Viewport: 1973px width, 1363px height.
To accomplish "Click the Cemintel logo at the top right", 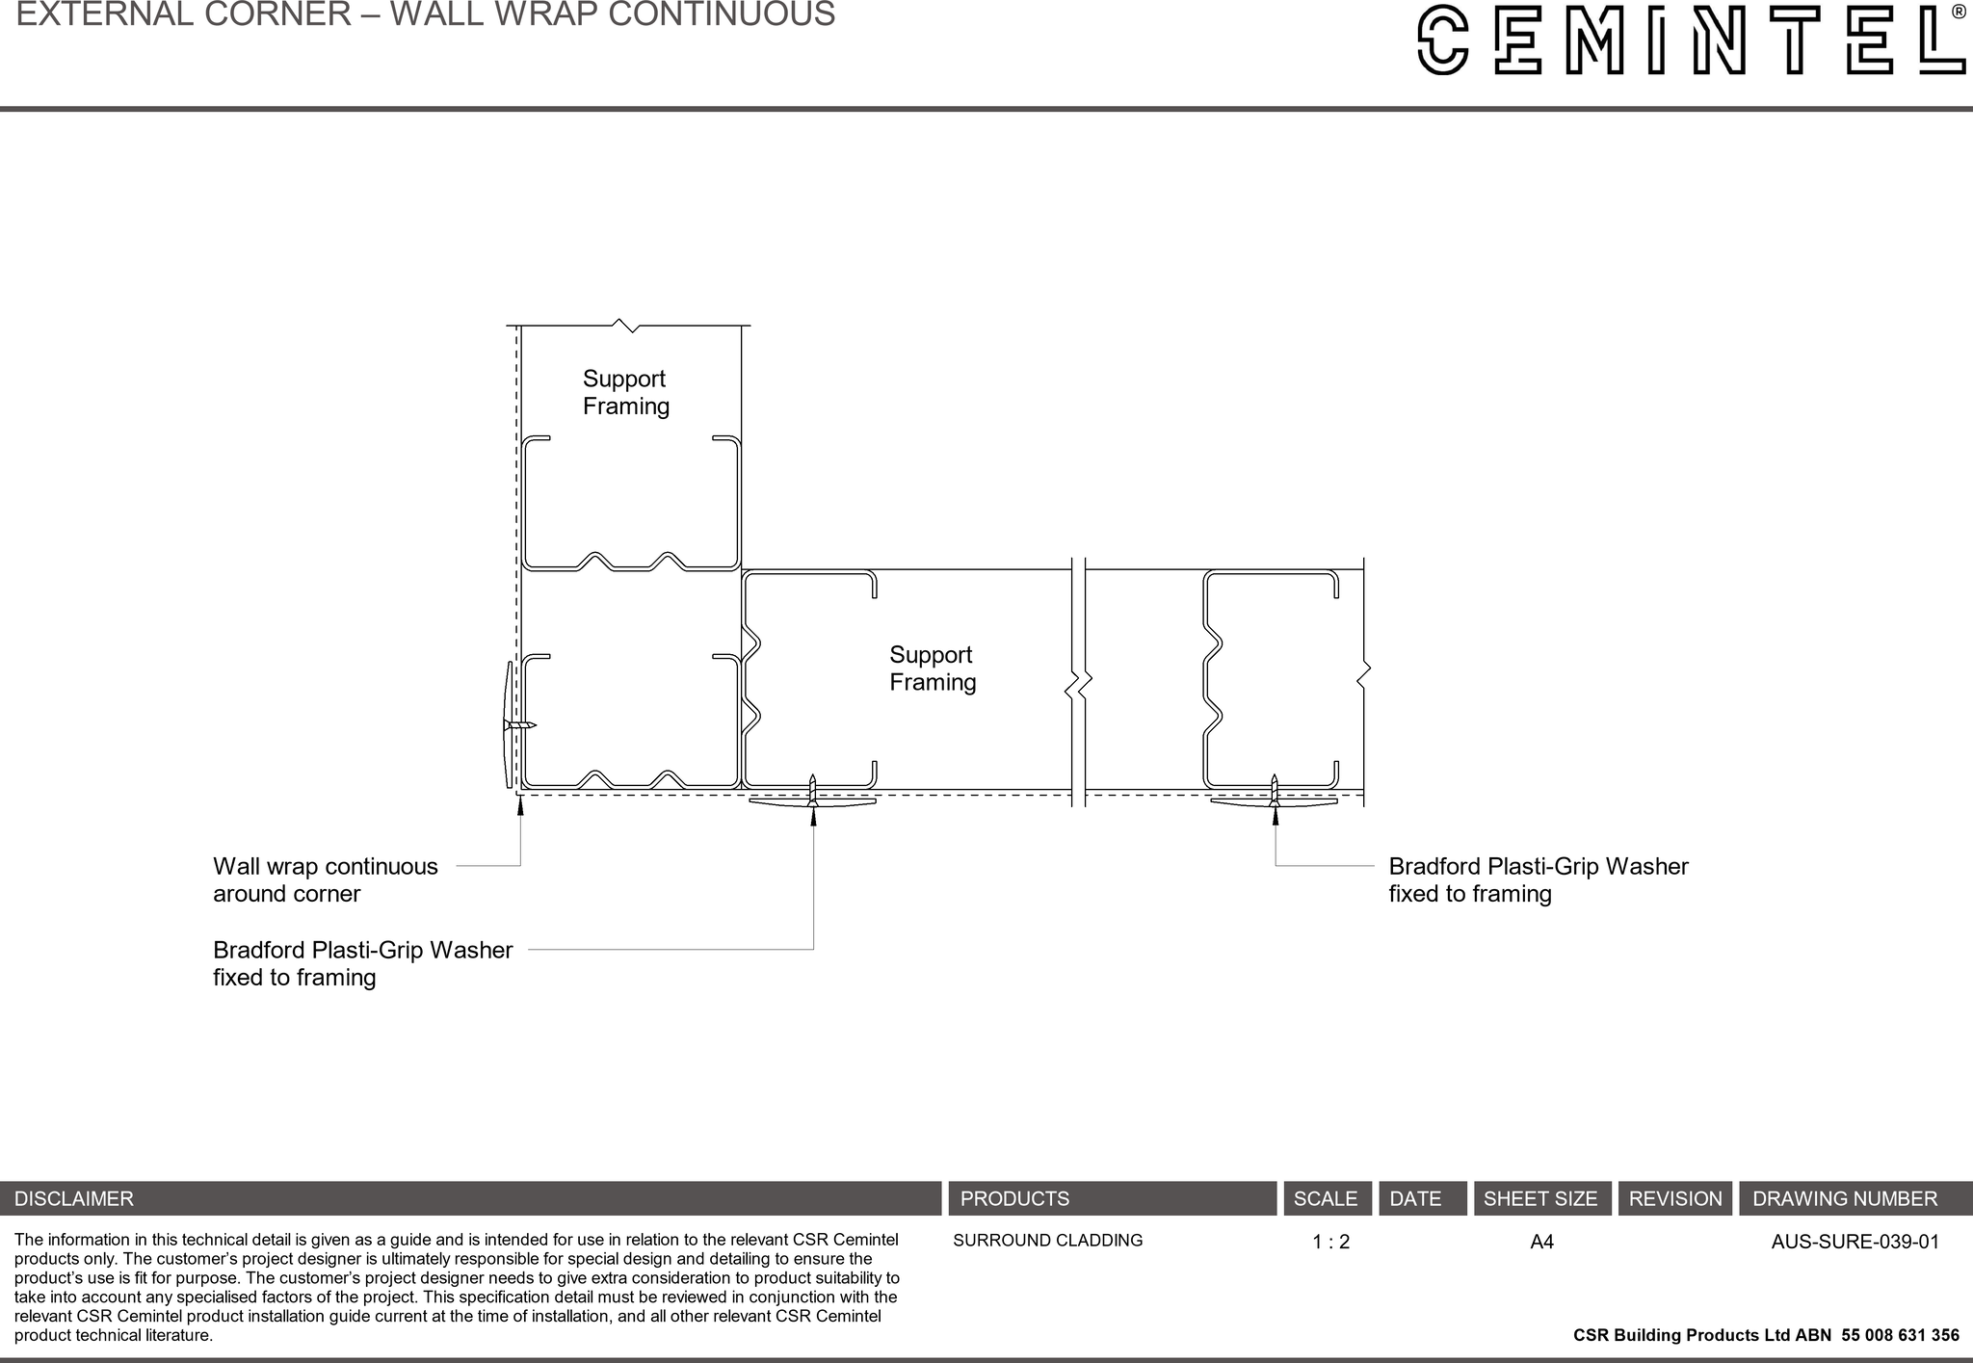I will coord(1691,39).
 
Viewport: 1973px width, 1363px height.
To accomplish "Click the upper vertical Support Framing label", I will coord(625,393).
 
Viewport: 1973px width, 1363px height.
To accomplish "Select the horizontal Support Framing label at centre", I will coord(932,668).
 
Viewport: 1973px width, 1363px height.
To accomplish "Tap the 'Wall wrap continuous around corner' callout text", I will coord(325,879).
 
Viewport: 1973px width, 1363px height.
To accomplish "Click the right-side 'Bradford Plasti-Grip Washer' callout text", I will coord(1538,879).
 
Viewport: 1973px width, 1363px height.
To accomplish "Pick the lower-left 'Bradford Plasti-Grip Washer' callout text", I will coord(362,963).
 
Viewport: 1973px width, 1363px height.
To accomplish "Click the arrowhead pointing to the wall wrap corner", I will coord(520,805).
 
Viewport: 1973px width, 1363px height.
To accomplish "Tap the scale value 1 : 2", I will coord(1330,1242).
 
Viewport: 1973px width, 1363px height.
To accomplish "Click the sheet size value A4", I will coord(1541,1242).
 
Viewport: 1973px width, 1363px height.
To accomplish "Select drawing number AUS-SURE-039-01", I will coord(1855,1242).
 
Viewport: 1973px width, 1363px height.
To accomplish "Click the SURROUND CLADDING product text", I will coord(1047,1241).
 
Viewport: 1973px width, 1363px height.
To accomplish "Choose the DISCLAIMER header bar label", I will coord(74,1199).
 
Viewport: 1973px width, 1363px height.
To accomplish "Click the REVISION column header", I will coord(1674,1199).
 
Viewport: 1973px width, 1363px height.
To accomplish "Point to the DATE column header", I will coord(1415,1199).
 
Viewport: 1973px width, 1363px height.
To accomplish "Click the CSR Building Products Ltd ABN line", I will coord(1765,1335).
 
